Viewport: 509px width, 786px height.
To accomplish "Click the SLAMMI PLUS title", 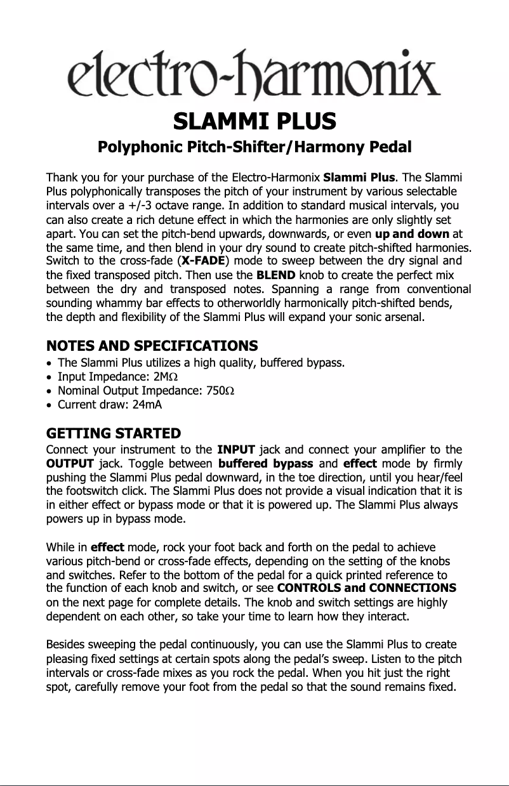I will (255, 120).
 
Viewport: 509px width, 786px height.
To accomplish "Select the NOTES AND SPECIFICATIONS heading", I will (152, 346).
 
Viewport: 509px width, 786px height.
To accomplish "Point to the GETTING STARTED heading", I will (114, 434).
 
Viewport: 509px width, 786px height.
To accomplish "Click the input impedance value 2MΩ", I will (166, 377).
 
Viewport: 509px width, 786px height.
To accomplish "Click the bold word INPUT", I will (237, 451).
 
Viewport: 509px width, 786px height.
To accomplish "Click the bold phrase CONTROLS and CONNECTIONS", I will (367, 587).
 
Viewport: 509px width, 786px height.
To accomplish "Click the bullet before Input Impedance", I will (50, 377).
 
